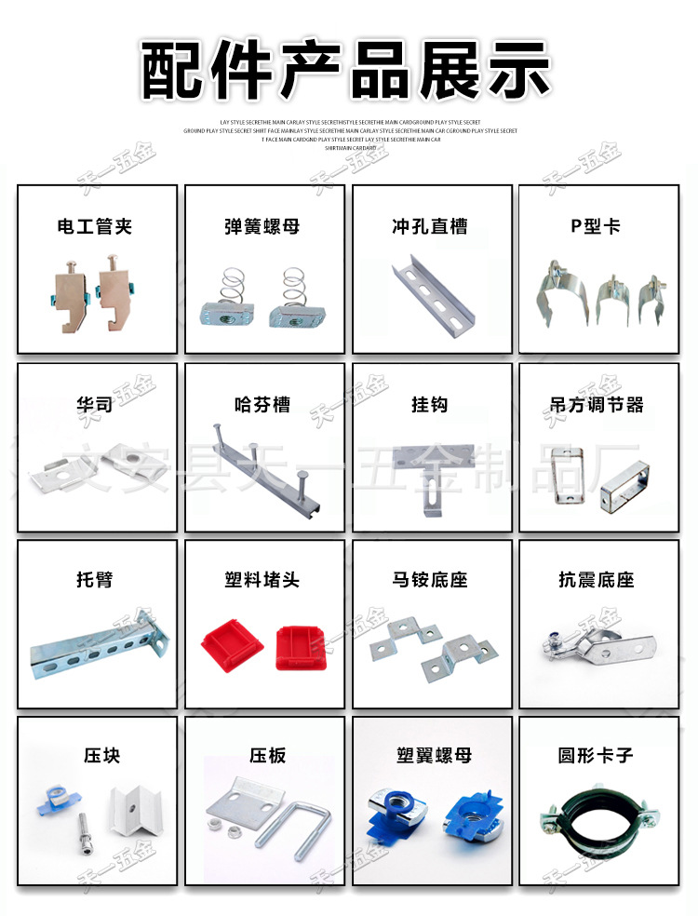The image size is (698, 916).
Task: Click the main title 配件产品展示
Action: tap(348, 71)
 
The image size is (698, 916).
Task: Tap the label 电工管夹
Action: tap(96, 226)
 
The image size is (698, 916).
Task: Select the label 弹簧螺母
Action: tap(262, 226)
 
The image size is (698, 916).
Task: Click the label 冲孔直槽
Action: tap(430, 226)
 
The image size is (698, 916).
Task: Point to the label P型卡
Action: tap(596, 226)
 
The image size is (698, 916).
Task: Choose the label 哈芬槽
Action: tap(262, 404)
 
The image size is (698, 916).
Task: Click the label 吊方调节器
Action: tap(597, 404)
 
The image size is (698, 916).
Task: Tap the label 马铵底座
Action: tap(430, 579)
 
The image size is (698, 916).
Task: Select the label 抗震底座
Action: tap(597, 579)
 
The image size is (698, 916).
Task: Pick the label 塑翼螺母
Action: tap(430, 755)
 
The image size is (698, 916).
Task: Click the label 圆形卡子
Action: tap(597, 755)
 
